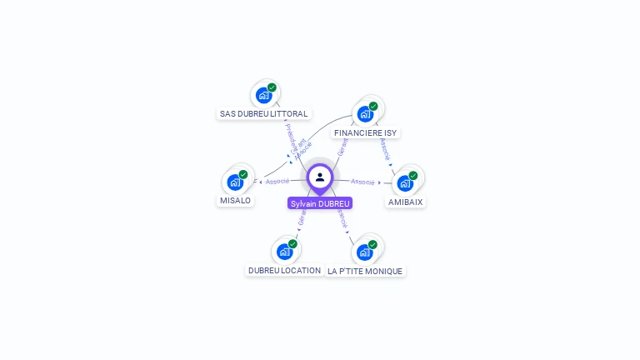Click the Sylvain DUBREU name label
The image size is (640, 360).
pos(320,203)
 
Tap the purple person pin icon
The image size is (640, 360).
pos(320,177)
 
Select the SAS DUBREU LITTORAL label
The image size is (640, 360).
pos(264,113)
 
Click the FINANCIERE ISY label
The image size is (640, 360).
pos(365,132)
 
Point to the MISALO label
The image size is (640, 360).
pos(235,201)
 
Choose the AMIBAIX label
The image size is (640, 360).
pos(406,202)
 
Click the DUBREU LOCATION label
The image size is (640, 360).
pos(284,271)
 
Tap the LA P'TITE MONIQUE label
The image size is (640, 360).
pos(365,272)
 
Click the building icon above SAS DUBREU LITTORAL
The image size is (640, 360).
pos(264,95)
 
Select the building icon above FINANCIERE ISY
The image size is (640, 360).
pos(365,113)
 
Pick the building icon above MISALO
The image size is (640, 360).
pos(235,182)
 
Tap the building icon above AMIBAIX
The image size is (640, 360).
pos(405,182)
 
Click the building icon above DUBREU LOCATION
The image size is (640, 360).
pos(284,252)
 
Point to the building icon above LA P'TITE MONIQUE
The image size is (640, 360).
pos(364,252)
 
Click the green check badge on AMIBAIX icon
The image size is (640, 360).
pos(413,176)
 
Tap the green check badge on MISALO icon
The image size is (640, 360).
pos(243,175)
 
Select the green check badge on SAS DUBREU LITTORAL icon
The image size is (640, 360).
pos(272,87)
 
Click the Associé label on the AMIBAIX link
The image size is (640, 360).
pos(362,182)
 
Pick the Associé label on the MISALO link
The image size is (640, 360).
pos(277,181)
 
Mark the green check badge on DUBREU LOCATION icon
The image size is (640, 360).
pos(292,244)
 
